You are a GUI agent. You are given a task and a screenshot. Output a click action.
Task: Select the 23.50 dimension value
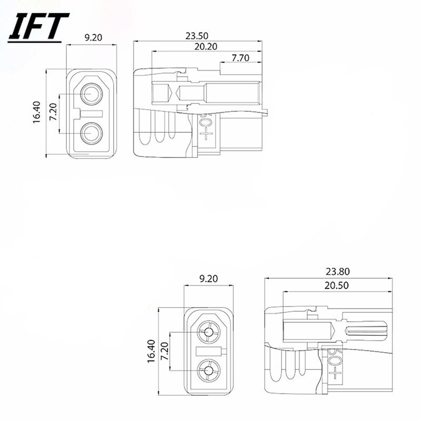pos(196,36)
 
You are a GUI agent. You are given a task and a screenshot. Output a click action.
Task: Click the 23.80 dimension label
pos(337,272)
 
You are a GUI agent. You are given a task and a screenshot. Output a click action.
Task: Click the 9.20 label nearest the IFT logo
pos(93,38)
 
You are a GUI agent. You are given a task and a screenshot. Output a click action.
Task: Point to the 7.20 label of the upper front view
pos(53,113)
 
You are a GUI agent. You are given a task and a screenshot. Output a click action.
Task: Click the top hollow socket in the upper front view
pos(94,95)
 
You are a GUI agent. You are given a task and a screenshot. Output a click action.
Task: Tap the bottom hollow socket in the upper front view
pos(94,132)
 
